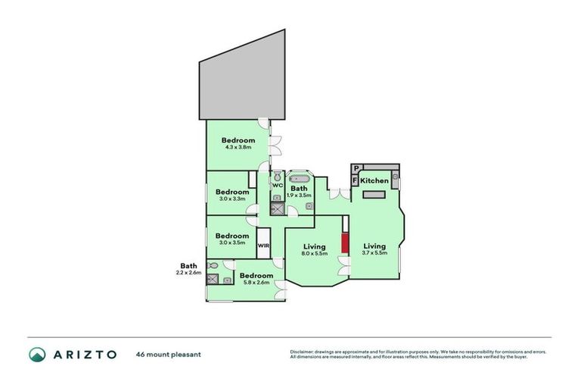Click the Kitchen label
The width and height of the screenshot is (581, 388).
pos(374,181)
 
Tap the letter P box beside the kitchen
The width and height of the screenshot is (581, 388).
pos(356,169)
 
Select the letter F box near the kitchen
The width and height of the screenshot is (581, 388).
pos(356,181)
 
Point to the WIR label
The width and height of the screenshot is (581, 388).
pos(264,246)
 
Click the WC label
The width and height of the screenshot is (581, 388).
pos(278,185)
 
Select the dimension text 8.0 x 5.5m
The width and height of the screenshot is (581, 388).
pos(314,254)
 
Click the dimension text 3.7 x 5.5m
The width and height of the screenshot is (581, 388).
pos(374,254)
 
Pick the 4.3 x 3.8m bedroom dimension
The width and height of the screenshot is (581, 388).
pos(238,147)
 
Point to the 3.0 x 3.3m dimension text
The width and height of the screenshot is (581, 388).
pos(231,199)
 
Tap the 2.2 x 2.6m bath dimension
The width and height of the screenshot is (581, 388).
pos(188,272)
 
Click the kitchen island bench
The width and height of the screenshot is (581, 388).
pos(374,195)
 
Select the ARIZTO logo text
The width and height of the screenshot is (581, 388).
pos(84,354)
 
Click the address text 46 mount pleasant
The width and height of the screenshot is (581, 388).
pos(168,354)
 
